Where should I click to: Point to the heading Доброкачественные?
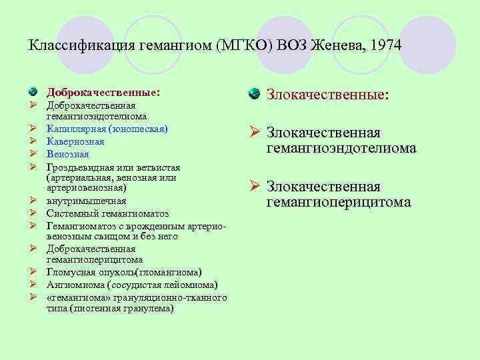click(103, 91)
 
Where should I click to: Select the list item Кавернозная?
click(75, 141)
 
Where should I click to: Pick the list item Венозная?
click(67, 153)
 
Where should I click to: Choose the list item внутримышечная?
click(86, 201)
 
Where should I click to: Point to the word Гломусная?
click(71, 272)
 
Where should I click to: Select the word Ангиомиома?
click(74, 285)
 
